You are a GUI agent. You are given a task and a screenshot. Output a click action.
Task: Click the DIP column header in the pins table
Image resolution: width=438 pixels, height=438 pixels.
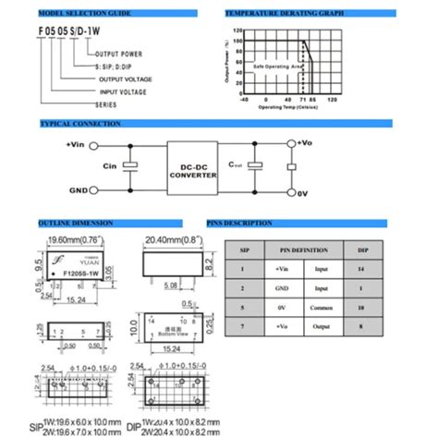click(x=360, y=249)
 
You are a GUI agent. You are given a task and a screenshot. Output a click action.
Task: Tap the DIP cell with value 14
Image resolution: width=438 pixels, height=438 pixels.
click(x=360, y=268)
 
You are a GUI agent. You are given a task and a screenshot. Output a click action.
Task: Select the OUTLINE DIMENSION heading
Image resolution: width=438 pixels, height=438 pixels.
click(x=75, y=222)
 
